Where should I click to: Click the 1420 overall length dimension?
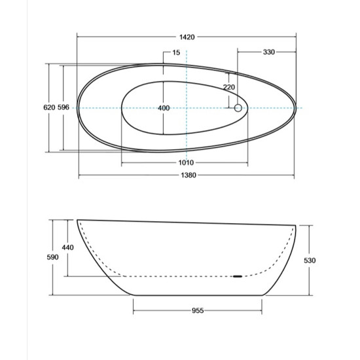point(187,37)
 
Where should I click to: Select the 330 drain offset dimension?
point(268,52)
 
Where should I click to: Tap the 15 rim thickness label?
point(176,52)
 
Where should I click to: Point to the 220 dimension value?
point(229,87)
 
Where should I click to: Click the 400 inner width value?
point(164,108)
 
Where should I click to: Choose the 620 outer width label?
point(49,107)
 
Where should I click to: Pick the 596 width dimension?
point(63,107)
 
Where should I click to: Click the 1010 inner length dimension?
point(186,162)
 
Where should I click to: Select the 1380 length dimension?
point(189,175)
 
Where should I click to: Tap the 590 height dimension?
point(52,257)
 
